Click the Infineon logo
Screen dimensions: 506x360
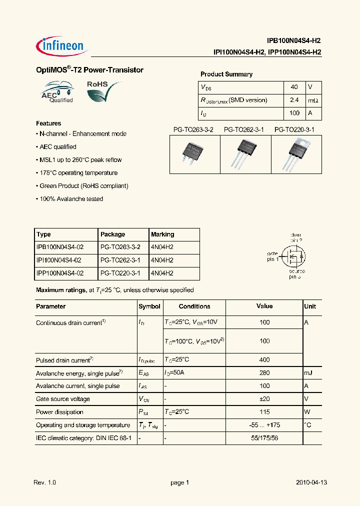pyautogui.click(x=62, y=46)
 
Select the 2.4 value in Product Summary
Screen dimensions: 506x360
pyautogui.click(x=294, y=100)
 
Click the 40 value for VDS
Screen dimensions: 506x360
pyautogui.click(x=294, y=87)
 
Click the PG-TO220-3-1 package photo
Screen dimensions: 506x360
pyautogui.click(x=296, y=152)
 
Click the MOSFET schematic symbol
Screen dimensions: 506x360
pyautogui.click(x=293, y=255)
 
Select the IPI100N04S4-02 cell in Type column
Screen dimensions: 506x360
pyautogui.click(x=59, y=260)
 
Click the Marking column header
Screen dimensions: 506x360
pyautogui.click(x=162, y=234)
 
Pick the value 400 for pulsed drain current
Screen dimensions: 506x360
pyautogui.click(x=264, y=359)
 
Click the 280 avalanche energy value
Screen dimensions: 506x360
pyautogui.click(x=264, y=373)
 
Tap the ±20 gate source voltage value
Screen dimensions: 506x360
pyautogui.click(x=264, y=399)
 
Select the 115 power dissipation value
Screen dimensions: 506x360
pyautogui.click(x=264, y=412)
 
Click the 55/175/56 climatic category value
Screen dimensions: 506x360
pyautogui.click(x=264, y=438)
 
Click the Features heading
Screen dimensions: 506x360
pyautogui.click(x=48, y=123)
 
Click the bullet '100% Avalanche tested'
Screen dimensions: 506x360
pyautogui.click(x=70, y=199)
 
